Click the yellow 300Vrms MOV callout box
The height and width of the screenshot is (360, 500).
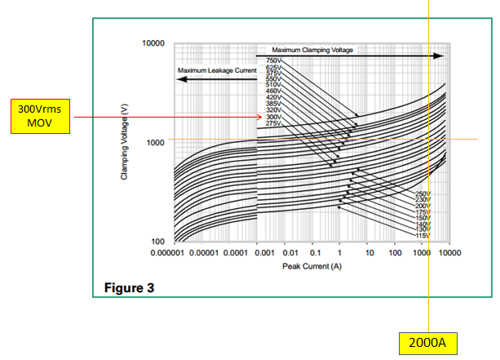click(37, 116)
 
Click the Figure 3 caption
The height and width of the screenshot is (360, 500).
click(128, 288)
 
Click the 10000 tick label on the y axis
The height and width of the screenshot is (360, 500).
click(154, 42)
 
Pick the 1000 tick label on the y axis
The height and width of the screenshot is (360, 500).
click(157, 143)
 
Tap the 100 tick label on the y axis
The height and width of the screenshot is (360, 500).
click(158, 242)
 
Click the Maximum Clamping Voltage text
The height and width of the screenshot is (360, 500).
click(313, 51)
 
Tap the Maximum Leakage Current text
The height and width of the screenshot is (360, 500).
click(217, 71)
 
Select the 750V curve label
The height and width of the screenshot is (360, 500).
click(273, 61)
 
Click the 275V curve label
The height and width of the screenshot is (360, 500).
click(273, 122)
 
